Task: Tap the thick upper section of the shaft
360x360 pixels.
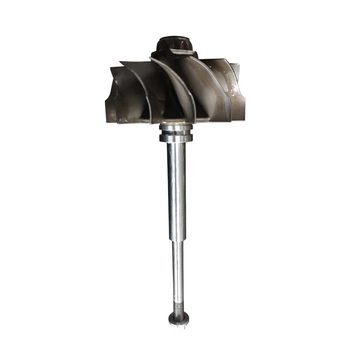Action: click(176, 189)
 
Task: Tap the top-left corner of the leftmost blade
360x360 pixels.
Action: click(112, 67)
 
